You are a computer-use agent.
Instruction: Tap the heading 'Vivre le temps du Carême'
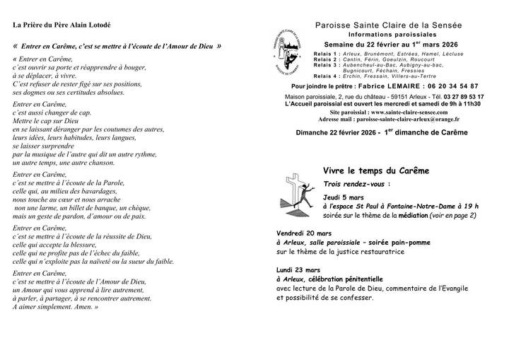coord(375,171)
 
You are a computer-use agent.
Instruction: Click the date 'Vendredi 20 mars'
coord(302,232)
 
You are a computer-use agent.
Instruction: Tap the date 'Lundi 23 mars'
coord(298,269)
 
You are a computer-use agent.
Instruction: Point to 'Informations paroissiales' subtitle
coord(393,34)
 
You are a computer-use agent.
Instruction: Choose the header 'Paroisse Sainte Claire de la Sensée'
coord(393,25)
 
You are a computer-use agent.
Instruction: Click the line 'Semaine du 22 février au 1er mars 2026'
coord(394,44)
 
